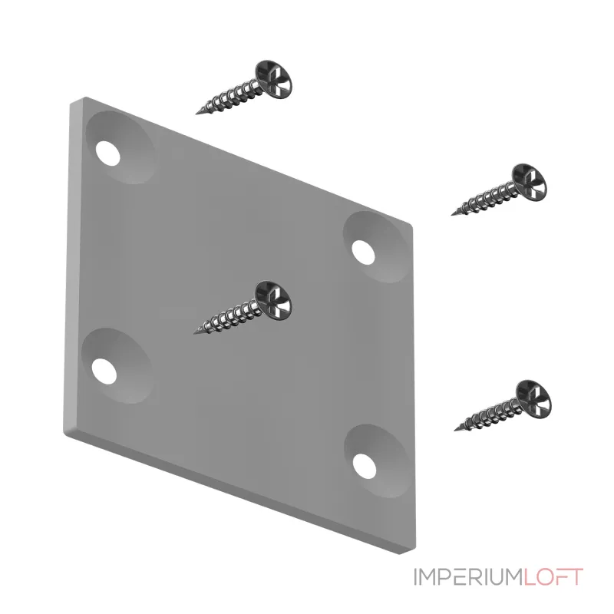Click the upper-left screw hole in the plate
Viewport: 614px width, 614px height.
coord(107,153)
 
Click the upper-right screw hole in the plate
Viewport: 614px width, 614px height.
coord(363,251)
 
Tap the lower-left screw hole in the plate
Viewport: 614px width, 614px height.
coord(104,371)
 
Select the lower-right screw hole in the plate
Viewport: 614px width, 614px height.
coord(364,466)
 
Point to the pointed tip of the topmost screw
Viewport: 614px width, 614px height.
coord(196,114)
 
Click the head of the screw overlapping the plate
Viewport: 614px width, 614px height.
coord(273,299)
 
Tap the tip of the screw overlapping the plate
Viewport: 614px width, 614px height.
coord(195,333)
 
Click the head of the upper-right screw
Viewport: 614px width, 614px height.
coord(530,183)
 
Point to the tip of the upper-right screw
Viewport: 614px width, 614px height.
coord(452,215)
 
